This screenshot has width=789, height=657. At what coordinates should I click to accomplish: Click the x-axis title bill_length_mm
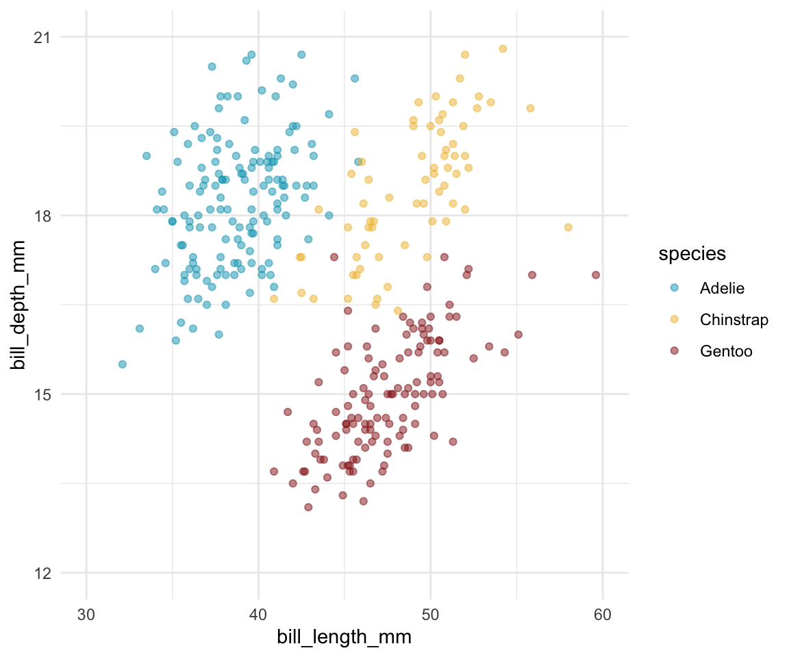coord(344,637)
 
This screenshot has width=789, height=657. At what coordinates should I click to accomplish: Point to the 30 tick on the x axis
coord(86,610)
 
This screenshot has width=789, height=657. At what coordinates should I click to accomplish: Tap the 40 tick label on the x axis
coord(258,610)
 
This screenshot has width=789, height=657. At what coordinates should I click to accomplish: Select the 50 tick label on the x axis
coord(430,610)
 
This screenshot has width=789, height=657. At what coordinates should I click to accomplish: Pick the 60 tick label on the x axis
coord(602,610)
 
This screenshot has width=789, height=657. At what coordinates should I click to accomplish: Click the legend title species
coord(692,254)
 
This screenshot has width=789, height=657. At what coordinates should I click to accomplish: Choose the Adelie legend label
coord(722,288)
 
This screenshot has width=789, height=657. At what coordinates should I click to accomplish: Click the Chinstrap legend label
coord(734,320)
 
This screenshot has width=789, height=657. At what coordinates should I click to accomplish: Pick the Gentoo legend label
coord(726,351)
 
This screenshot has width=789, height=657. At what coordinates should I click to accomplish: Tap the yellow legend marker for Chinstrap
coord(675,320)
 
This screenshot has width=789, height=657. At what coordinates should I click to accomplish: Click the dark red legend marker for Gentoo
coord(675,351)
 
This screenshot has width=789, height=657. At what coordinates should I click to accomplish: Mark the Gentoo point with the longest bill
coord(596,275)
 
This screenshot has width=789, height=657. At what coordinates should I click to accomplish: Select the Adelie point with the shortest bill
coord(123,364)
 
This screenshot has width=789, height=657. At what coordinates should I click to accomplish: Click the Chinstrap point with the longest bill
coord(568,227)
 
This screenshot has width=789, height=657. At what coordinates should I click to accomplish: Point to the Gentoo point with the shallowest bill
coord(308,507)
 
